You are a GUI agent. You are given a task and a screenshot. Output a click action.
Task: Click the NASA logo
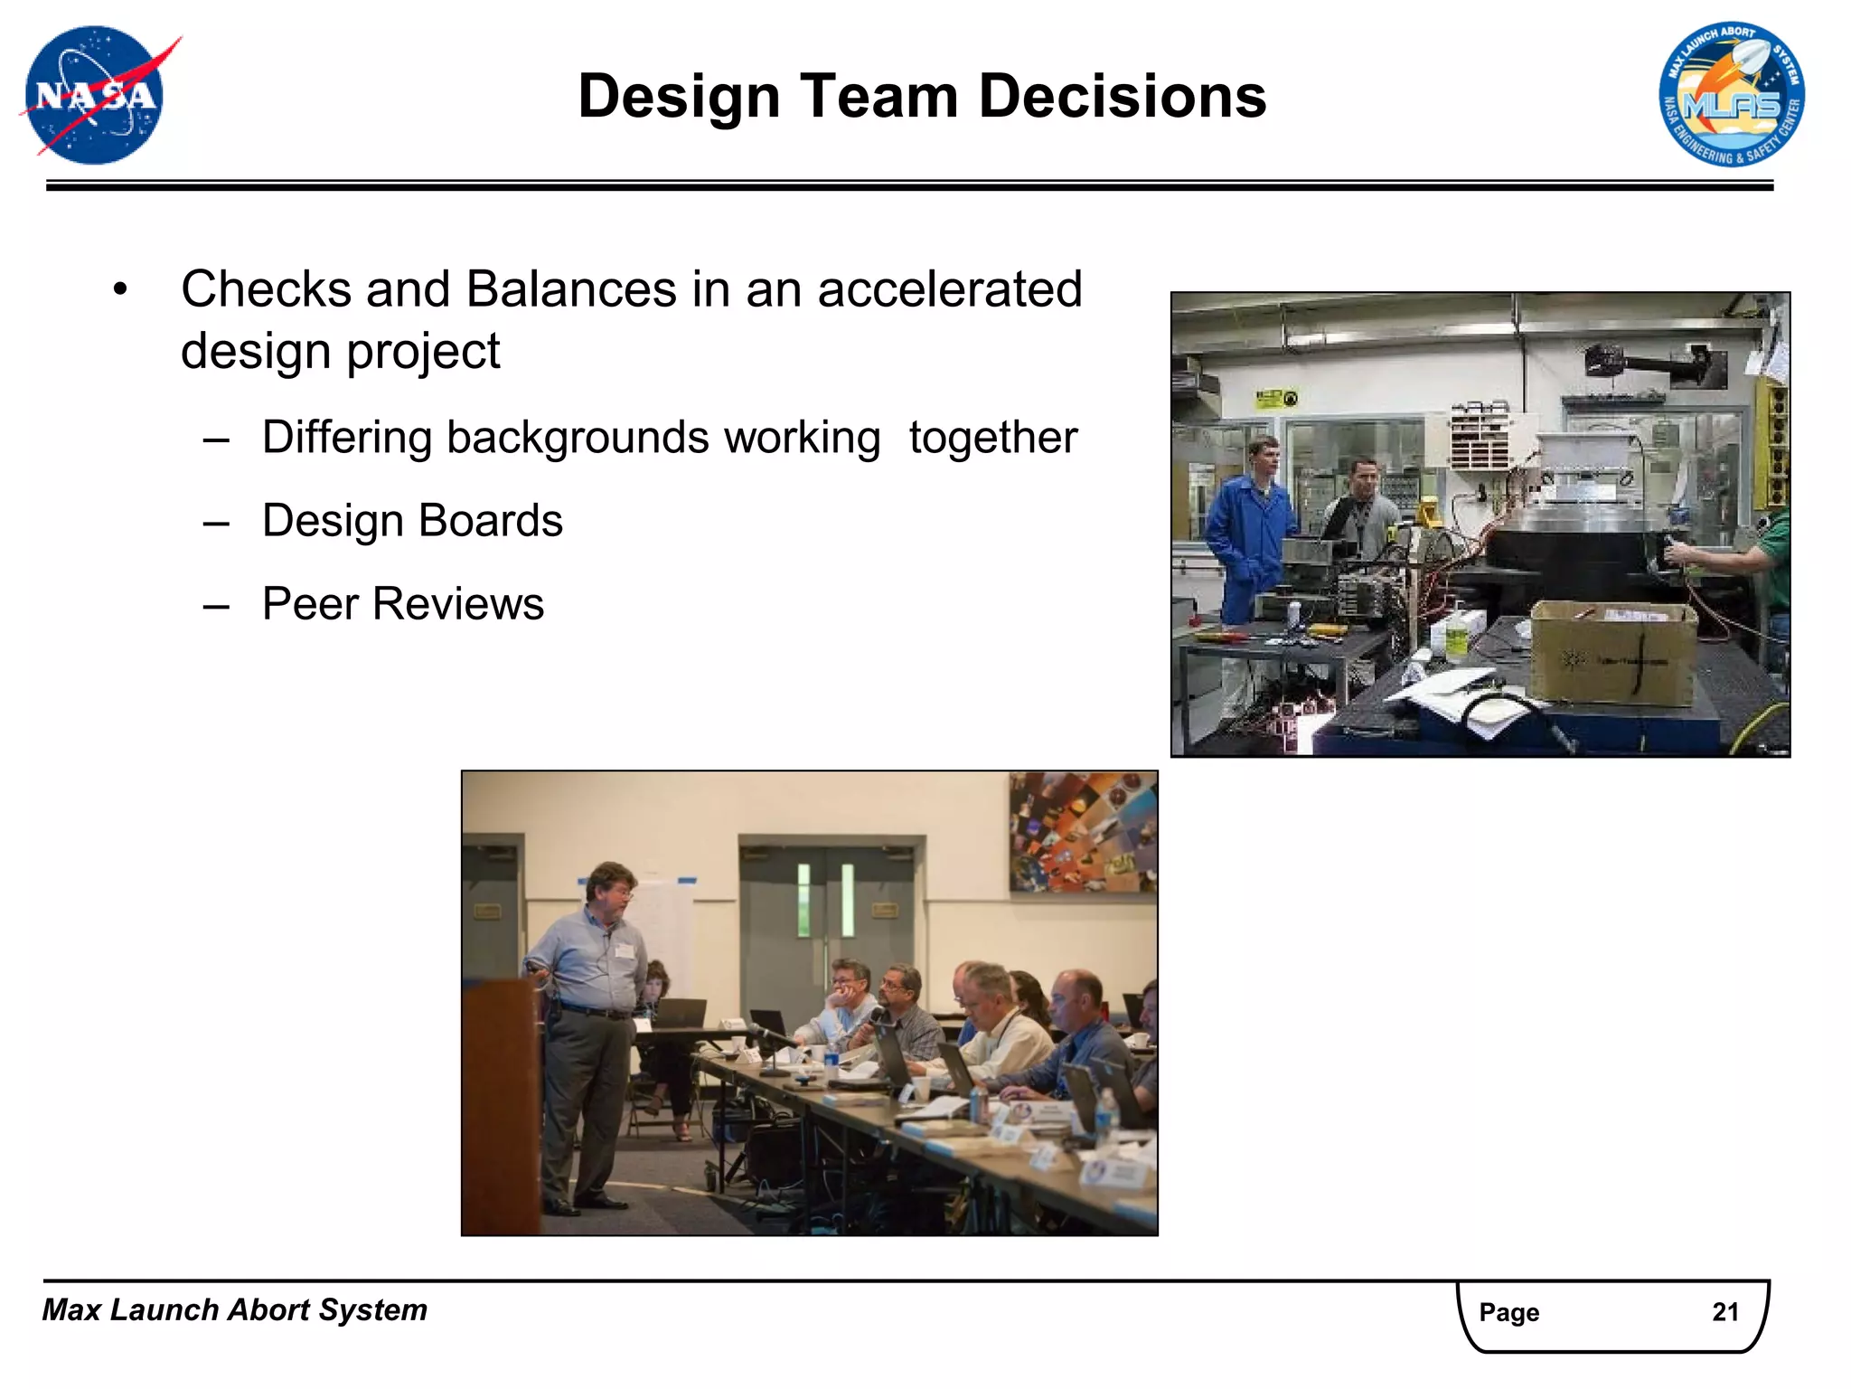click(95, 95)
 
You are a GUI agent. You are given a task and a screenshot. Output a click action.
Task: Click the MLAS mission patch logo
click(1731, 95)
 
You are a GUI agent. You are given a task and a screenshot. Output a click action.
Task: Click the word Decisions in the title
click(1123, 97)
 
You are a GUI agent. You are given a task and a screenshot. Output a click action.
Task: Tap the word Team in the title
click(878, 97)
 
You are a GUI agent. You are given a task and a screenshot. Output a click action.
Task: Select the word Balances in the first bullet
click(571, 289)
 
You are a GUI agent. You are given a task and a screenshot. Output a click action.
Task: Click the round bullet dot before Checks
click(120, 290)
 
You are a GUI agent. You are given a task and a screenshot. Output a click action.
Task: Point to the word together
click(992, 438)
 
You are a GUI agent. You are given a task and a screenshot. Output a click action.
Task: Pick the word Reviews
click(458, 604)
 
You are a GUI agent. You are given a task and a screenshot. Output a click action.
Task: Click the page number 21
click(1724, 1312)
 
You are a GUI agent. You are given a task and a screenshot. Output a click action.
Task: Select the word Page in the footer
click(1508, 1312)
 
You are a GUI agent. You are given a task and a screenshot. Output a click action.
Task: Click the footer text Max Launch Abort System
click(235, 1310)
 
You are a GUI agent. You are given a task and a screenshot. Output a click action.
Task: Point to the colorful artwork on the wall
click(1082, 832)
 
